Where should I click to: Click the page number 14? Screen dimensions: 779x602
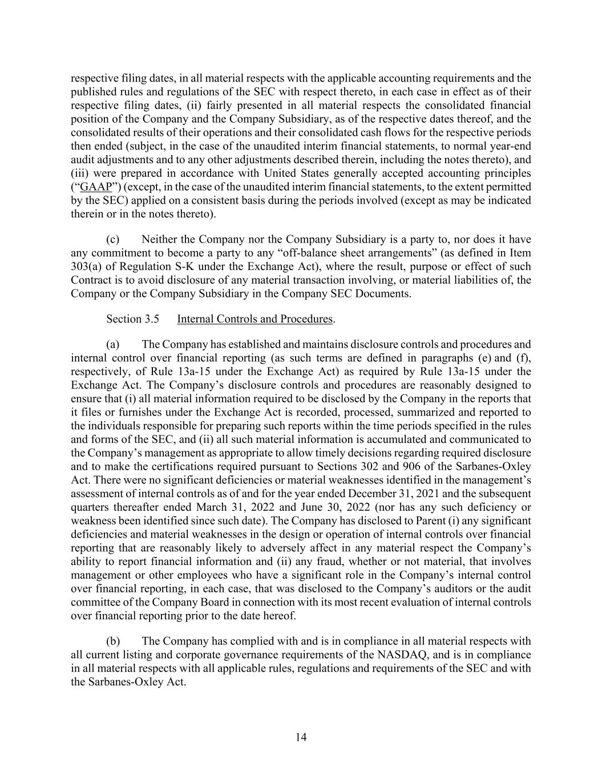[301, 737]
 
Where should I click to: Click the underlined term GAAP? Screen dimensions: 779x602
[96, 187]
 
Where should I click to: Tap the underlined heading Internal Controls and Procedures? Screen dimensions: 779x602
[254, 319]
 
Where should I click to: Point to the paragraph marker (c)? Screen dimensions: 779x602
[112, 239]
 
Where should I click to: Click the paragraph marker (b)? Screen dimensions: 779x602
[112, 641]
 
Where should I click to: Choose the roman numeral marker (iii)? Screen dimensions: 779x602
[81, 173]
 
